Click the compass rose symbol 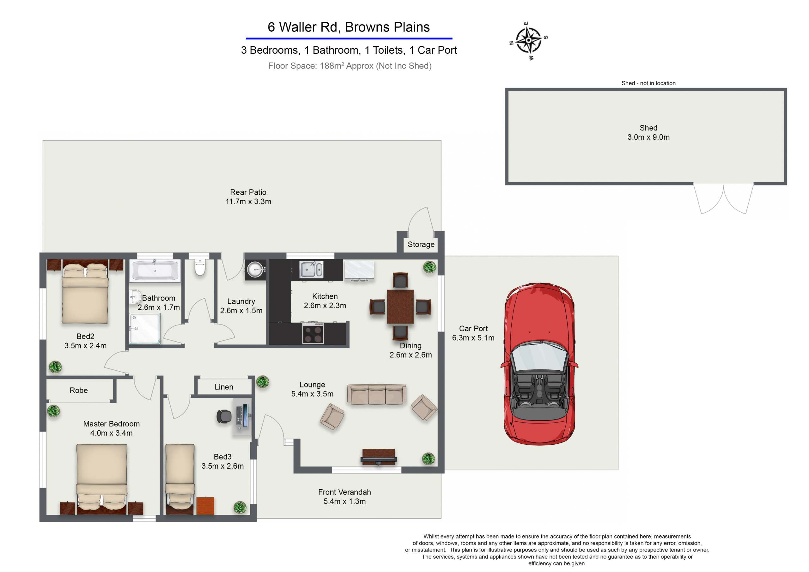click(528, 40)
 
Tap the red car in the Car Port click(539, 364)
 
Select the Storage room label click(421, 244)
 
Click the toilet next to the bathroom click(200, 267)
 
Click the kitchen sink click(311, 270)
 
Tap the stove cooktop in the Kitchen click(313, 334)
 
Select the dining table click(400, 307)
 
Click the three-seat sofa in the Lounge click(377, 394)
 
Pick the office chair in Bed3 click(224, 417)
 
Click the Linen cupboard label click(224, 387)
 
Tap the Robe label click(79, 391)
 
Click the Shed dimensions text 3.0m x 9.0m click(648, 137)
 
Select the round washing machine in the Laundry click(255, 270)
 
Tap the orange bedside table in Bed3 click(205, 506)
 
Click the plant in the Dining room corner click(429, 267)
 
